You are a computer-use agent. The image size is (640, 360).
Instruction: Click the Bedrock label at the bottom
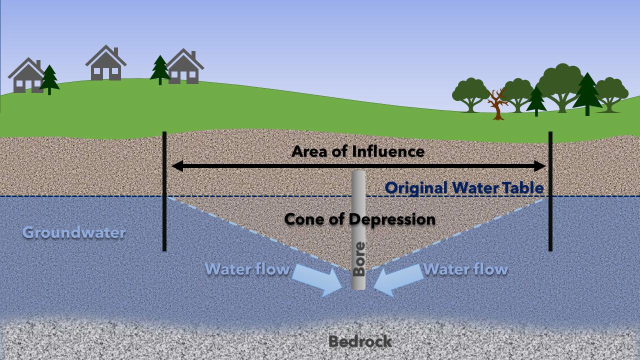(x=359, y=342)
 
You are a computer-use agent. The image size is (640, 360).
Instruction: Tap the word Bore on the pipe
(x=359, y=259)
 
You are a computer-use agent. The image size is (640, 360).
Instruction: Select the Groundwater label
(x=74, y=232)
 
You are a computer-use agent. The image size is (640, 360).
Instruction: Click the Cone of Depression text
(x=359, y=219)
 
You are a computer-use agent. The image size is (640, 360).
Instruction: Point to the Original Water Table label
(x=464, y=188)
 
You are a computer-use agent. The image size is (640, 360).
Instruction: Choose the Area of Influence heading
(x=357, y=151)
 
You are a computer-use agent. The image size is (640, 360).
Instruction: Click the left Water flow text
(x=247, y=269)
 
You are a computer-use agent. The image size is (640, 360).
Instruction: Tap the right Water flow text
(x=465, y=269)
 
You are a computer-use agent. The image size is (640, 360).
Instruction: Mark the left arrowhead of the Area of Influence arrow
(x=176, y=166)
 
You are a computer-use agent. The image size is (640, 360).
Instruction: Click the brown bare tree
(x=497, y=103)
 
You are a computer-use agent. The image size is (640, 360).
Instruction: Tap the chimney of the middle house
(x=116, y=52)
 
